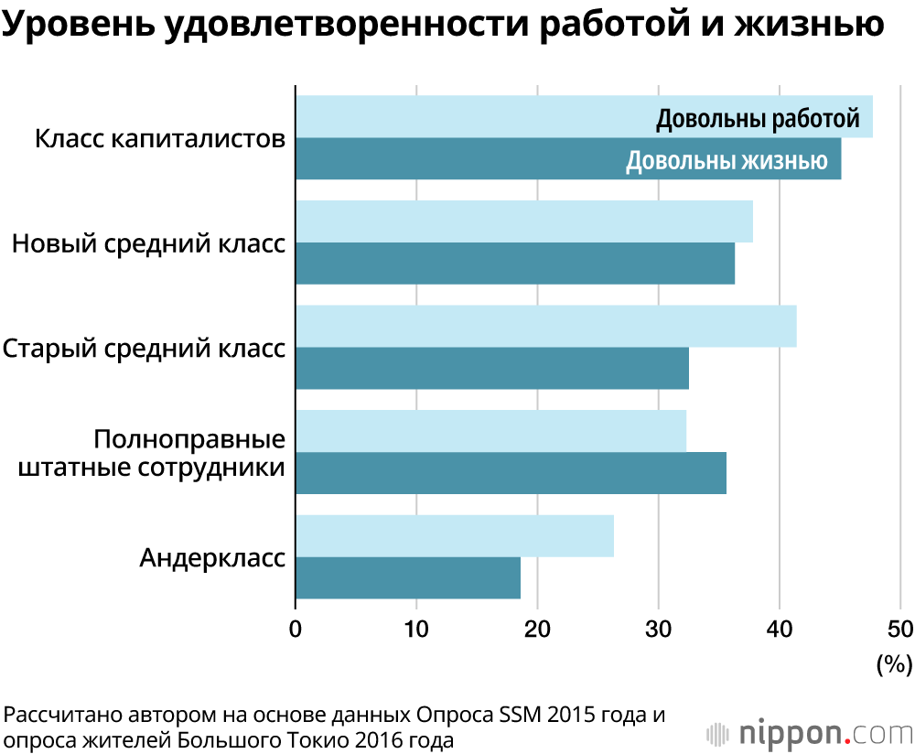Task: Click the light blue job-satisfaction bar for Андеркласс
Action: coord(454,536)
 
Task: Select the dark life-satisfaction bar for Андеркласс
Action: coord(407,578)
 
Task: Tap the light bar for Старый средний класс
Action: coord(545,326)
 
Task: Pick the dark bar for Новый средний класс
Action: coord(514,264)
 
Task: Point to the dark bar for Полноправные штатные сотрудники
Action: coord(511,473)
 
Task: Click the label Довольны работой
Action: coord(758,119)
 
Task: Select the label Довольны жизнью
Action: coord(727,162)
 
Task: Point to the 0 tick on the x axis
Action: coord(296,630)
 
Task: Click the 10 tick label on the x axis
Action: coord(416,630)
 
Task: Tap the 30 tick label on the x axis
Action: coord(658,630)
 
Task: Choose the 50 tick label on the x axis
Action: coord(899,630)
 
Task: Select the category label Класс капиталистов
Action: coord(160,140)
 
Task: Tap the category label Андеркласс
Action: coord(212,557)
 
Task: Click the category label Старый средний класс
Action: coord(144,350)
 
